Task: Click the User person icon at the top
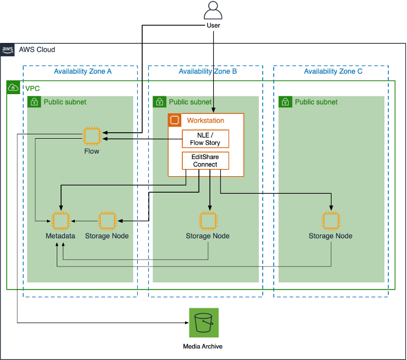pos(213,11)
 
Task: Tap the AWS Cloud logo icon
pos(7,49)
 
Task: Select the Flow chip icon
pos(91,135)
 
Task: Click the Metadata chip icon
pos(61,220)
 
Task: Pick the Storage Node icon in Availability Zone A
pos(106,220)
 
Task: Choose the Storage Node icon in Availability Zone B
pos(208,220)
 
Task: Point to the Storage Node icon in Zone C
pos(330,220)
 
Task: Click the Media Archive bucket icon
pos(203,323)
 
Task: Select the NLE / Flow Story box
pos(205,139)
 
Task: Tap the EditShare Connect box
pos(205,161)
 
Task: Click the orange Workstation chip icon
pos(175,120)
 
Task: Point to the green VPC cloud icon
pos(13,88)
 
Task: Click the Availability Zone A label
pos(83,72)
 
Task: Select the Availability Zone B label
pos(208,72)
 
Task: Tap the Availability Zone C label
pos(333,72)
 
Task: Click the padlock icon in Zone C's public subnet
pos(285,102)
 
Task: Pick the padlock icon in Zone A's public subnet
pos(34,102)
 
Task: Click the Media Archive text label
pos(203,346)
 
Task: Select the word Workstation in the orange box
pos(205,120)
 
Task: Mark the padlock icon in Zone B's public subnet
pos(159,102)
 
